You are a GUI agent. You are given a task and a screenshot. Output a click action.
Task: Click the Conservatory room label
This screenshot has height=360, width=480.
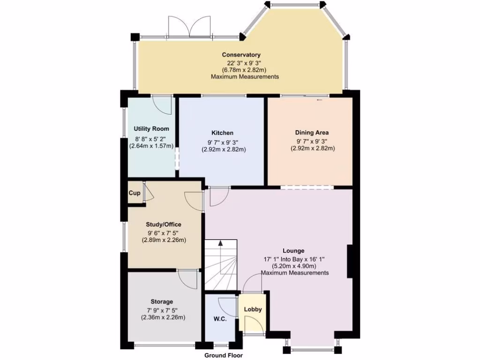coord(241,55)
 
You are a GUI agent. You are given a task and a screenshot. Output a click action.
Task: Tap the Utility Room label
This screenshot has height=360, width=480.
coord(151,128)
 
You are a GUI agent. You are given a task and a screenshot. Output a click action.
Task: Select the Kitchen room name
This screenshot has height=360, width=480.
coord(222,133)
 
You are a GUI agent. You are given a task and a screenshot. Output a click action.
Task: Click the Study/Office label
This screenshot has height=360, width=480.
coord(164,224)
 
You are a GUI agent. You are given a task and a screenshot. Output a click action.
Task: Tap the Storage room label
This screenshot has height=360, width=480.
coord(162,301)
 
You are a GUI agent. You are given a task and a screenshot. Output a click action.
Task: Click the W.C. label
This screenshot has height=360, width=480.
coord(220,319)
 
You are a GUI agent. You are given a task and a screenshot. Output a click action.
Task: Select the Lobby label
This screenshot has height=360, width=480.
coord(253,309)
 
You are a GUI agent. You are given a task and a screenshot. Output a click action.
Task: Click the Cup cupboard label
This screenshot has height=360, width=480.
coord(135,193)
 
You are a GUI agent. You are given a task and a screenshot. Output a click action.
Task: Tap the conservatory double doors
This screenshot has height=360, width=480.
coord(189,27)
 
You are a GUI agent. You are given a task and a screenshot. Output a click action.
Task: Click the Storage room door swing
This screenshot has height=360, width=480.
coord(188,280)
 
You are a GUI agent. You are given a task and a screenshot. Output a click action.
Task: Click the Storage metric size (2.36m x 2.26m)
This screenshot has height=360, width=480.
coord(164,317)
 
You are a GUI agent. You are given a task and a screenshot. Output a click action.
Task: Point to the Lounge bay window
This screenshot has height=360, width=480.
coord(312,348)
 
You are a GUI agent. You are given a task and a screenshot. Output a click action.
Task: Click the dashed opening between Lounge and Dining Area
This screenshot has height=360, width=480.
coord(307,187)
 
